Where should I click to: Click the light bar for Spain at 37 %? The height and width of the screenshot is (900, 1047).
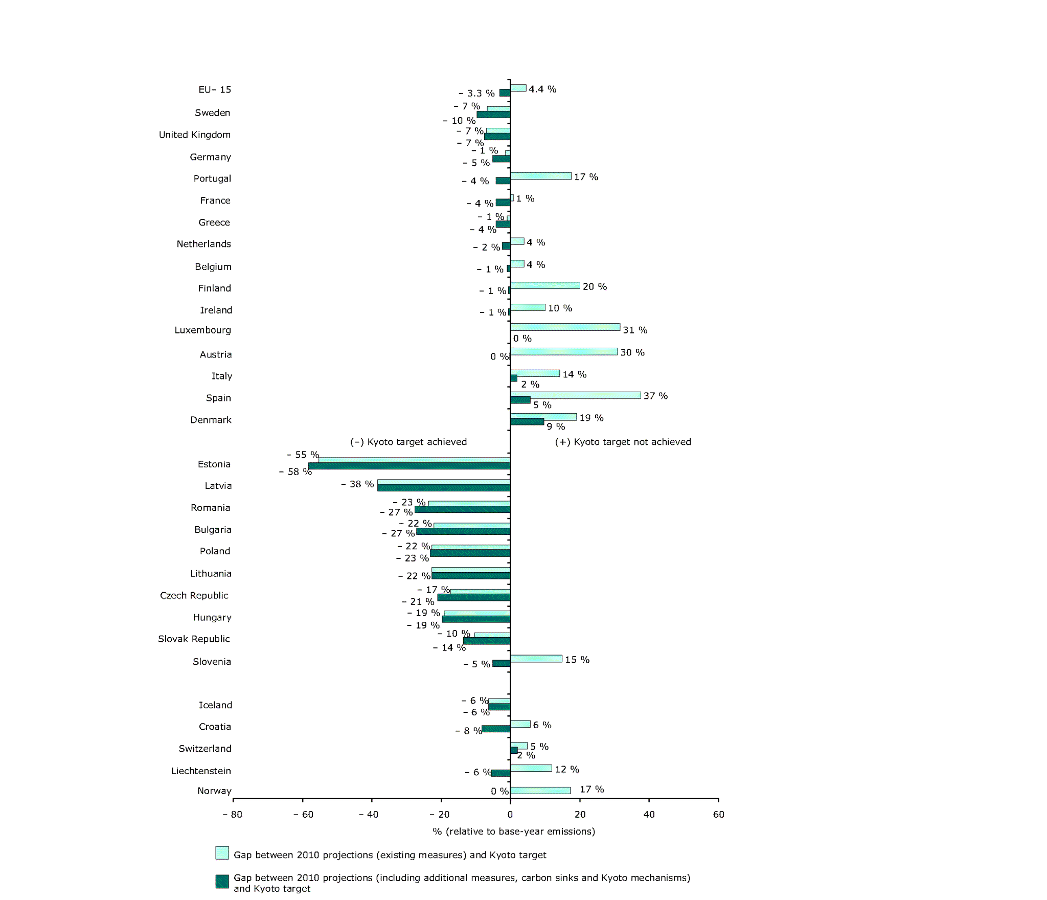(x=575, y=395)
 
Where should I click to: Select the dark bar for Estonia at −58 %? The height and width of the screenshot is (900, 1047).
(x=409, y=466)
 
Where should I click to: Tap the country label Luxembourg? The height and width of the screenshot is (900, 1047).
(x=202, y=330)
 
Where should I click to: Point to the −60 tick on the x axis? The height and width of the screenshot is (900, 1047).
(x=303, y=799)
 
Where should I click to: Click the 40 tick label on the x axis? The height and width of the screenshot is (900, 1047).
(x=649, y=815)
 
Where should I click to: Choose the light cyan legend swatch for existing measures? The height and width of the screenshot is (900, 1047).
(x=222, y=852)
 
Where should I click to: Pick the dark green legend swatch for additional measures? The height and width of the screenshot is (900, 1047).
(x=222, y=881)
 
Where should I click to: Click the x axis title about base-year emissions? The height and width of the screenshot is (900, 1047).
(x=514, y=831)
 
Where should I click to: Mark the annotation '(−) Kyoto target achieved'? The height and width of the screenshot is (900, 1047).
(x=408, y=442)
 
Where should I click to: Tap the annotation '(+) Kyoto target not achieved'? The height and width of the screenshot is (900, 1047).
(x=623, y=442)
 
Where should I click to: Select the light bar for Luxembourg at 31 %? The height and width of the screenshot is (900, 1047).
(x=565, y=327)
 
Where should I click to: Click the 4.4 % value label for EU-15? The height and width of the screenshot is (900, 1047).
(x=542, y=89)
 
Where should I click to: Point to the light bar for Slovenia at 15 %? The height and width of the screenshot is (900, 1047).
(x=536, y=659)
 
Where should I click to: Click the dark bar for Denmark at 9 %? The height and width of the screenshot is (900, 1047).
(x=527, y=422)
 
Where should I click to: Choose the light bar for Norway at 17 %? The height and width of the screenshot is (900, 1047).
(x=540, y=791)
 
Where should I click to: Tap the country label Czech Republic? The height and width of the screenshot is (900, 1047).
(x=194, y=596)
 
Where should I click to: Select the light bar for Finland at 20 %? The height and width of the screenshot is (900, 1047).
(x=545, y=285)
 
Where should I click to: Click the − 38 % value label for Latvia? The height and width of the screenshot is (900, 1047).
(x=357, y=484)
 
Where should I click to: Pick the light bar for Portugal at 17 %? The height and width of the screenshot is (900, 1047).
(x=540, y=176)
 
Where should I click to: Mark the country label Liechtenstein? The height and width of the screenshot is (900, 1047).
(x=201, y=771)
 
